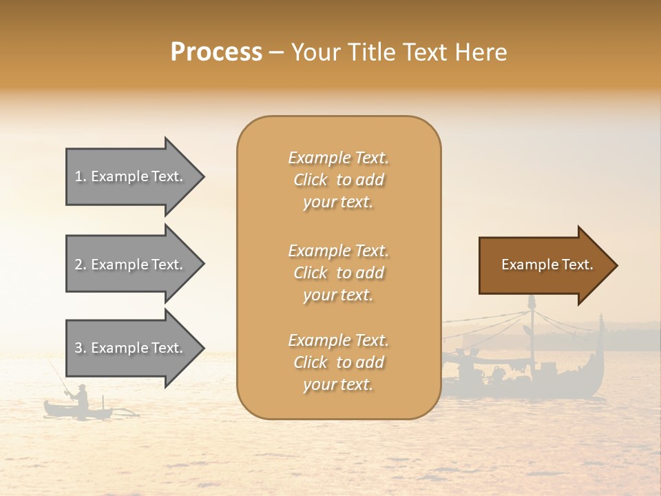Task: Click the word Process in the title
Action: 216,52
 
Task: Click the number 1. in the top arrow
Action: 81,176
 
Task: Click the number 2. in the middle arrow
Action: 81,265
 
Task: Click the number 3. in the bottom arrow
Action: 81,349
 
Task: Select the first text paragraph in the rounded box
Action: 338,180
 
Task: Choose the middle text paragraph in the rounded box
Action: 338,273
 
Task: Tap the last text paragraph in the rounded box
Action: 338,362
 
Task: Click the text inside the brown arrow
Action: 547,265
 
